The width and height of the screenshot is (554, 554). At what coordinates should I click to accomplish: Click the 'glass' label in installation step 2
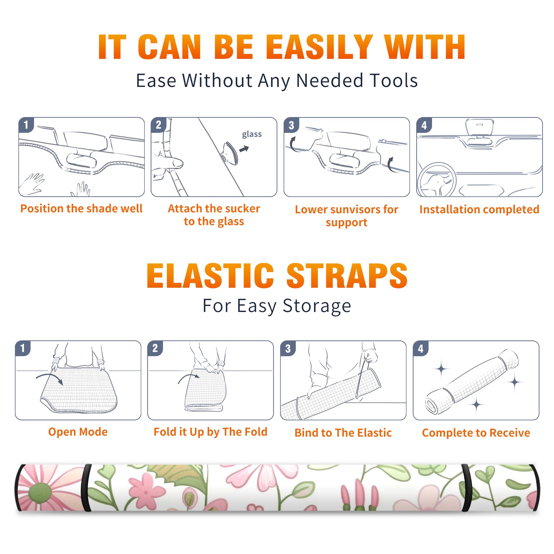pyautogui.click(x=252, y=134)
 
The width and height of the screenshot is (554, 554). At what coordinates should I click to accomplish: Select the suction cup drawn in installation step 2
pyautogui.click(x=230, y=152)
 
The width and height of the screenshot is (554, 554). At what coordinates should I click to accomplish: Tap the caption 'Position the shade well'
pyautogui.click(x=81, y=208)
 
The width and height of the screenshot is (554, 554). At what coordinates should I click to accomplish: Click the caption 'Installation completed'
pyautogui.click(x=479, y=209)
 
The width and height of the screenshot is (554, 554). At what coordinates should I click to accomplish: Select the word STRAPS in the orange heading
pyautogui.click(x=347, y=276)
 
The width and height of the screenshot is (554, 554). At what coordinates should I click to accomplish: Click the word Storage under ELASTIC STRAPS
pyautogui.click(x=317, y=306)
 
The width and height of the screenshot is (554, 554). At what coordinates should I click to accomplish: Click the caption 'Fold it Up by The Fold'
pyautogui.click(x=211, y=432)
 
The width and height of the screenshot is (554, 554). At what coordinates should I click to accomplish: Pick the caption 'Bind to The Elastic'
pyautogui.click(x=343, y=433)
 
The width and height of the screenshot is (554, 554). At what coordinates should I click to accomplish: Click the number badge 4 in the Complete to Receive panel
pyautogui.click(x=421, y=348)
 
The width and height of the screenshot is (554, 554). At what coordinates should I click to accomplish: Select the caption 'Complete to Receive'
pyautogui.click(x=476, y=433)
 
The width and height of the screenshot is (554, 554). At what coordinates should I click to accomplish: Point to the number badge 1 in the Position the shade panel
pyautogui.click(x=26, y=125)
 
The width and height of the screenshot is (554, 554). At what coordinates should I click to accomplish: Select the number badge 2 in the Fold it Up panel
pyautogui.click(x=155, y=348)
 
